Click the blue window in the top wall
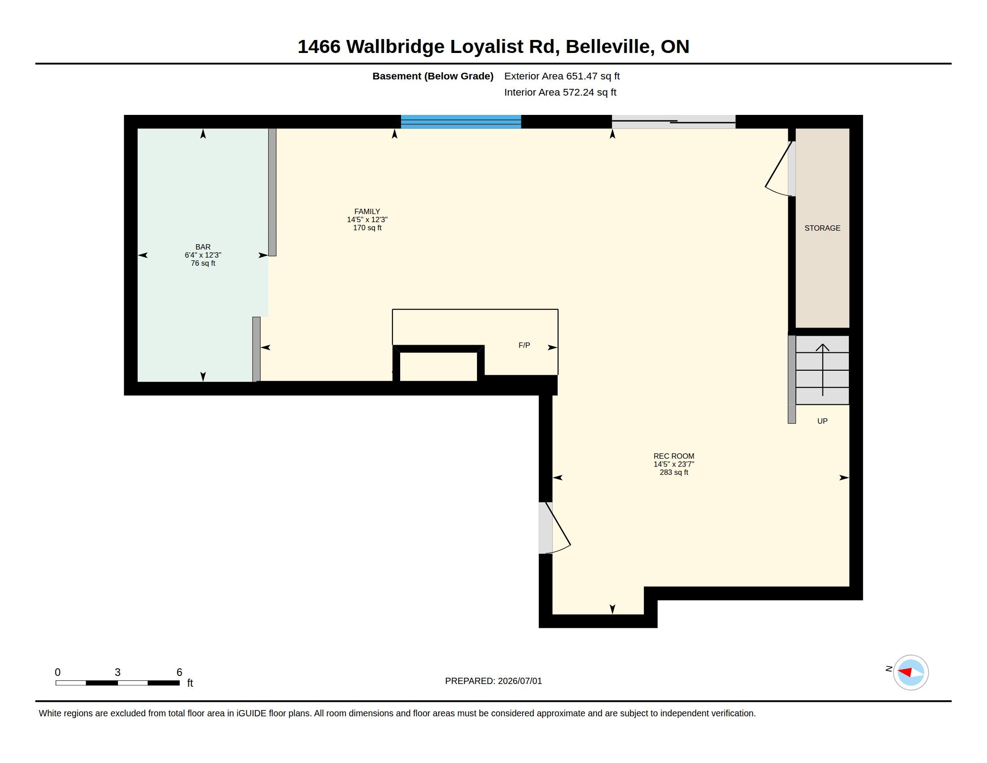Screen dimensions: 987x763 pyautogui.click(x=461, y=122)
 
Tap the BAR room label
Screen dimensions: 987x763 pyautogui.click(x=203, y=247)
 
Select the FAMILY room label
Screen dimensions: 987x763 pyautogui.click(x=367, y=211)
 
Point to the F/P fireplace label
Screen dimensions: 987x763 pyautogui.click(x=524, y=345)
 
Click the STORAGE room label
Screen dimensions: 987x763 pyautogui.click(x=822, y=228)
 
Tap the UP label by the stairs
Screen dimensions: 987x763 pyautogui.click(x=822, y=421)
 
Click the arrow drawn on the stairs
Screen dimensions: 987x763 pyautogui.click(x=822, y=370)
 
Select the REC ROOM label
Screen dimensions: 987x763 pyautogui.click(x=674, y=456)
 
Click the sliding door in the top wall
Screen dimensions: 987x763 pyautogui.click(x=673, y=122)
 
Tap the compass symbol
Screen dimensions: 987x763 pyautogui.click(x=911, y=673)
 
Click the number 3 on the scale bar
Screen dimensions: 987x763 pyautogui.click(x=118, y=672)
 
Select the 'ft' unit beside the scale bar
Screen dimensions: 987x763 pyautogui.click(x=190, y=683)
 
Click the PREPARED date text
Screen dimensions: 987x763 pyautogui.click(x=493, y=681)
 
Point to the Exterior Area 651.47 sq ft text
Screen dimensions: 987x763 pyautogui.click(x=562, y=76)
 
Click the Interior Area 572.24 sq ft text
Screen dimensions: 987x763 pyautogui.click(x=560, y=92)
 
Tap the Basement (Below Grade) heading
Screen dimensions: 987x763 pyautogui.click(x=433, y=76)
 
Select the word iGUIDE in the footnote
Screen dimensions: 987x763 pyautogui.click(x=251, y=714)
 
